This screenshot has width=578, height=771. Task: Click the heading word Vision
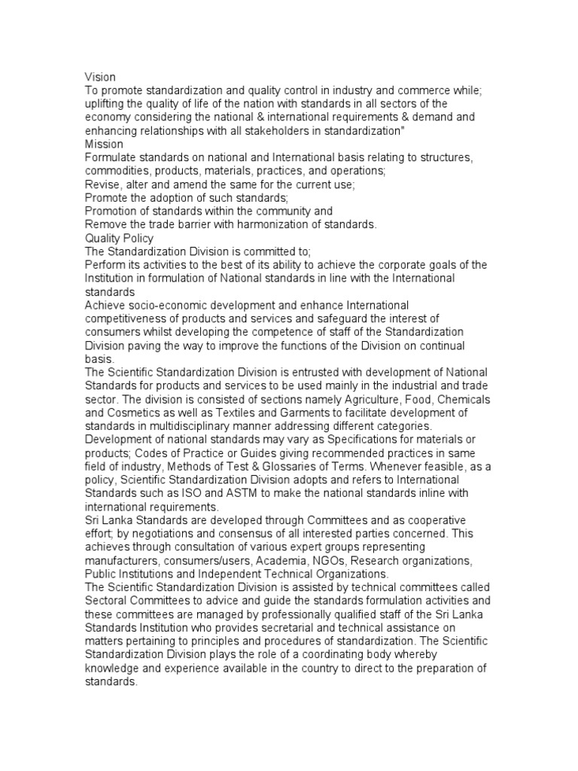[99, 76]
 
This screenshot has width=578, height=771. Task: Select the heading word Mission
[104, 144]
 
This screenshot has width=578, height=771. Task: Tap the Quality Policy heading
[119, 238]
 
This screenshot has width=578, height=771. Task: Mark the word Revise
[102, 184]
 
